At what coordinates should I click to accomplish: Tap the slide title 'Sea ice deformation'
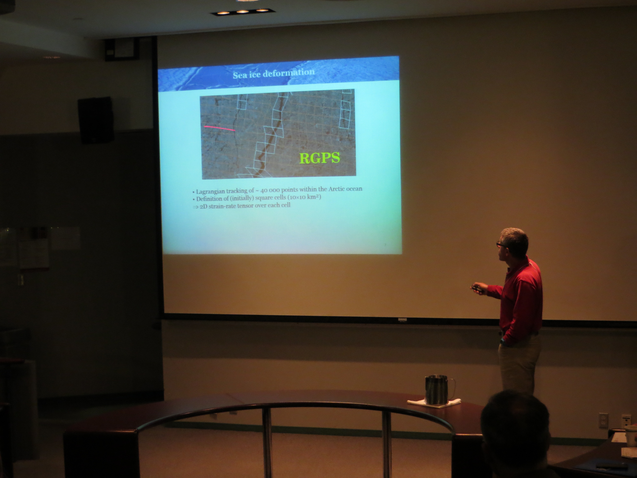pyautogui.click(x=274, y=73)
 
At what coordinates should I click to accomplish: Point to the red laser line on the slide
pyautogui.click(x=219, y=128)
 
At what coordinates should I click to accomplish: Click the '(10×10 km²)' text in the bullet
pyautogui.click(x=304, y=197)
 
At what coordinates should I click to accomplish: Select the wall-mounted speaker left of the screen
pyautogui.click(x=96, y=120)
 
